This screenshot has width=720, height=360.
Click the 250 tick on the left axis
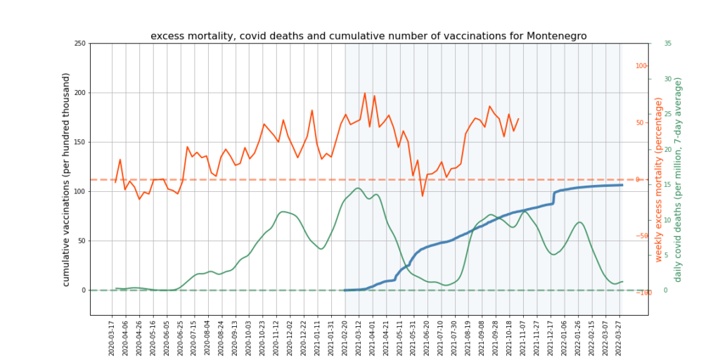79,44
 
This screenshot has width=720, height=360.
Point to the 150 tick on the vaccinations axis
79,142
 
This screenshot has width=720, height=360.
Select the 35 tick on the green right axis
667,44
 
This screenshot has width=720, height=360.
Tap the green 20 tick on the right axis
667,149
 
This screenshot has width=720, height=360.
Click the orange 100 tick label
641,66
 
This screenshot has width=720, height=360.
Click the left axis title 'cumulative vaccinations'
66,179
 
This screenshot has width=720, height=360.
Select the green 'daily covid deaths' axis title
679,179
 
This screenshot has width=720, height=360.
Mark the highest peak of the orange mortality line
365,93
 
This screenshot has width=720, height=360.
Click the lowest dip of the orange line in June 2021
423,195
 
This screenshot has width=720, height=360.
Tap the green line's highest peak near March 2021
358,188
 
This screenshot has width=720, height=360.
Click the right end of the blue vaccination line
622,185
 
